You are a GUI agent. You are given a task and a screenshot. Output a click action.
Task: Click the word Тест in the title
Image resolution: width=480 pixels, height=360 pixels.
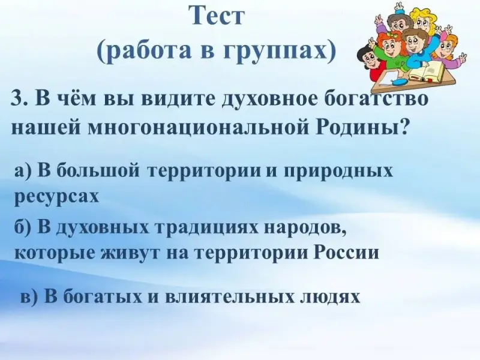tap(218, 16)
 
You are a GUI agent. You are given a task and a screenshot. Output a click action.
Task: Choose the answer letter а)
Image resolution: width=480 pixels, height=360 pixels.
tap(23, 171)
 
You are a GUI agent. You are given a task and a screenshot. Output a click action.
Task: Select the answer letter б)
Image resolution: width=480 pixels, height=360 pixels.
tap(23, 228)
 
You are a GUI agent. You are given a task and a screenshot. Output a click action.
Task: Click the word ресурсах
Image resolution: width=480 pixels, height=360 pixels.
tap(56, 197)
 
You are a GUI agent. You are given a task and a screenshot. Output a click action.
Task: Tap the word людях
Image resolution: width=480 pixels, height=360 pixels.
tap(329, 297)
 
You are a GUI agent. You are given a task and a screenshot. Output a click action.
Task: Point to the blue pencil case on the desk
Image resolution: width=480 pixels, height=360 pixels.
tap(398, 82)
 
